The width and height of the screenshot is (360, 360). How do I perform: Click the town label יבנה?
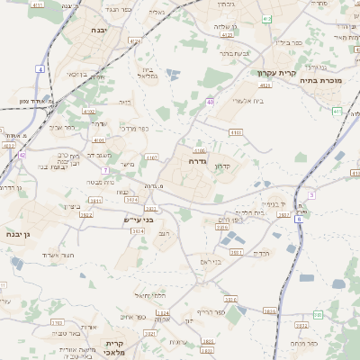pos(98,30)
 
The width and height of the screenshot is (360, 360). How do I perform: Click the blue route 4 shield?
pos(40,69)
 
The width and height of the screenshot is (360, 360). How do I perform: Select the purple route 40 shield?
pos(210,103)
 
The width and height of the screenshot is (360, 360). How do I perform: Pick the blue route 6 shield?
pos(311,194)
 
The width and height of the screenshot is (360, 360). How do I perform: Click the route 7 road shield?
pos(105,169)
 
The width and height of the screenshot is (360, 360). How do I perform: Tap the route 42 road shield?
pos(22,155)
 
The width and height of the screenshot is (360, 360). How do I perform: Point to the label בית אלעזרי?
pos(247,101)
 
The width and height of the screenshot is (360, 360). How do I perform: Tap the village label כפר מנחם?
pos(306,343)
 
